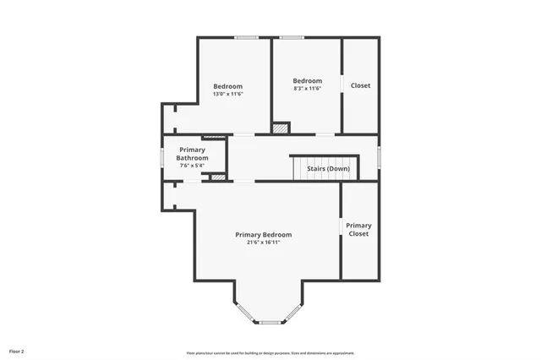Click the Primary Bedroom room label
click(x=263, y=234)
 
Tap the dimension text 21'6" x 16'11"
click(x=263, y=243)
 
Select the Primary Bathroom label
click(x=193, y=154)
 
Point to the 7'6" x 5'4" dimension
click(x=193, y=166)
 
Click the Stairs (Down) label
click(x=329, y=168)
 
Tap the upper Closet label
click(x=360, y=85)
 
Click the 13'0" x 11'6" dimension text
click(x=227, y=94)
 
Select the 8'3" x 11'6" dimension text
click(x=308, y=89)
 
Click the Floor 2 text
click(x=17, y=350)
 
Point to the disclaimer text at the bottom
click(x=270, y=353)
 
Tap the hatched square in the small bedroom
click(x=280, y=128)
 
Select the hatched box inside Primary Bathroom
click(x=218, y=177)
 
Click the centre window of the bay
click(x=270, y=322)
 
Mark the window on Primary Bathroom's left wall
click(x=162, y=157)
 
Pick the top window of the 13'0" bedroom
click(x=247, y=37)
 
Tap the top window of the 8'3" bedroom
click(x=292, y=37)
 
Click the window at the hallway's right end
click(x=379, y=157)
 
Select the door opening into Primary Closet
click(x=342, y=226)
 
